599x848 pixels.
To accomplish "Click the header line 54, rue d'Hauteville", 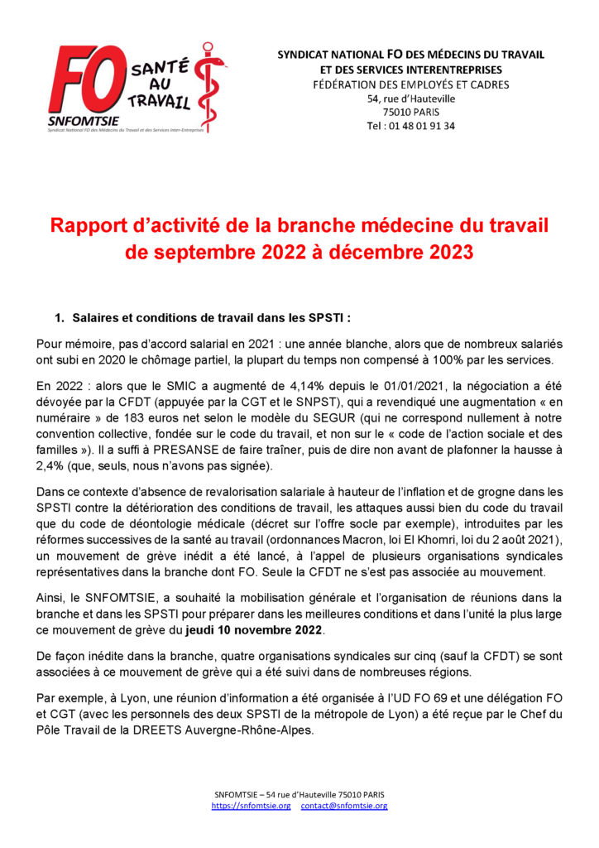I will [x=410, y=99].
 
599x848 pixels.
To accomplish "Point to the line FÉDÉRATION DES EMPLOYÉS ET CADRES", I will [x=410, y=84].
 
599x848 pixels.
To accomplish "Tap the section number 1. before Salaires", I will [x=60, y=318].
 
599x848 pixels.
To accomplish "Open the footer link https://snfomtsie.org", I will [x=251, y=805].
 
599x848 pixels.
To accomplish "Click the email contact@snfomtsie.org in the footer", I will [x=344, y=805].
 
